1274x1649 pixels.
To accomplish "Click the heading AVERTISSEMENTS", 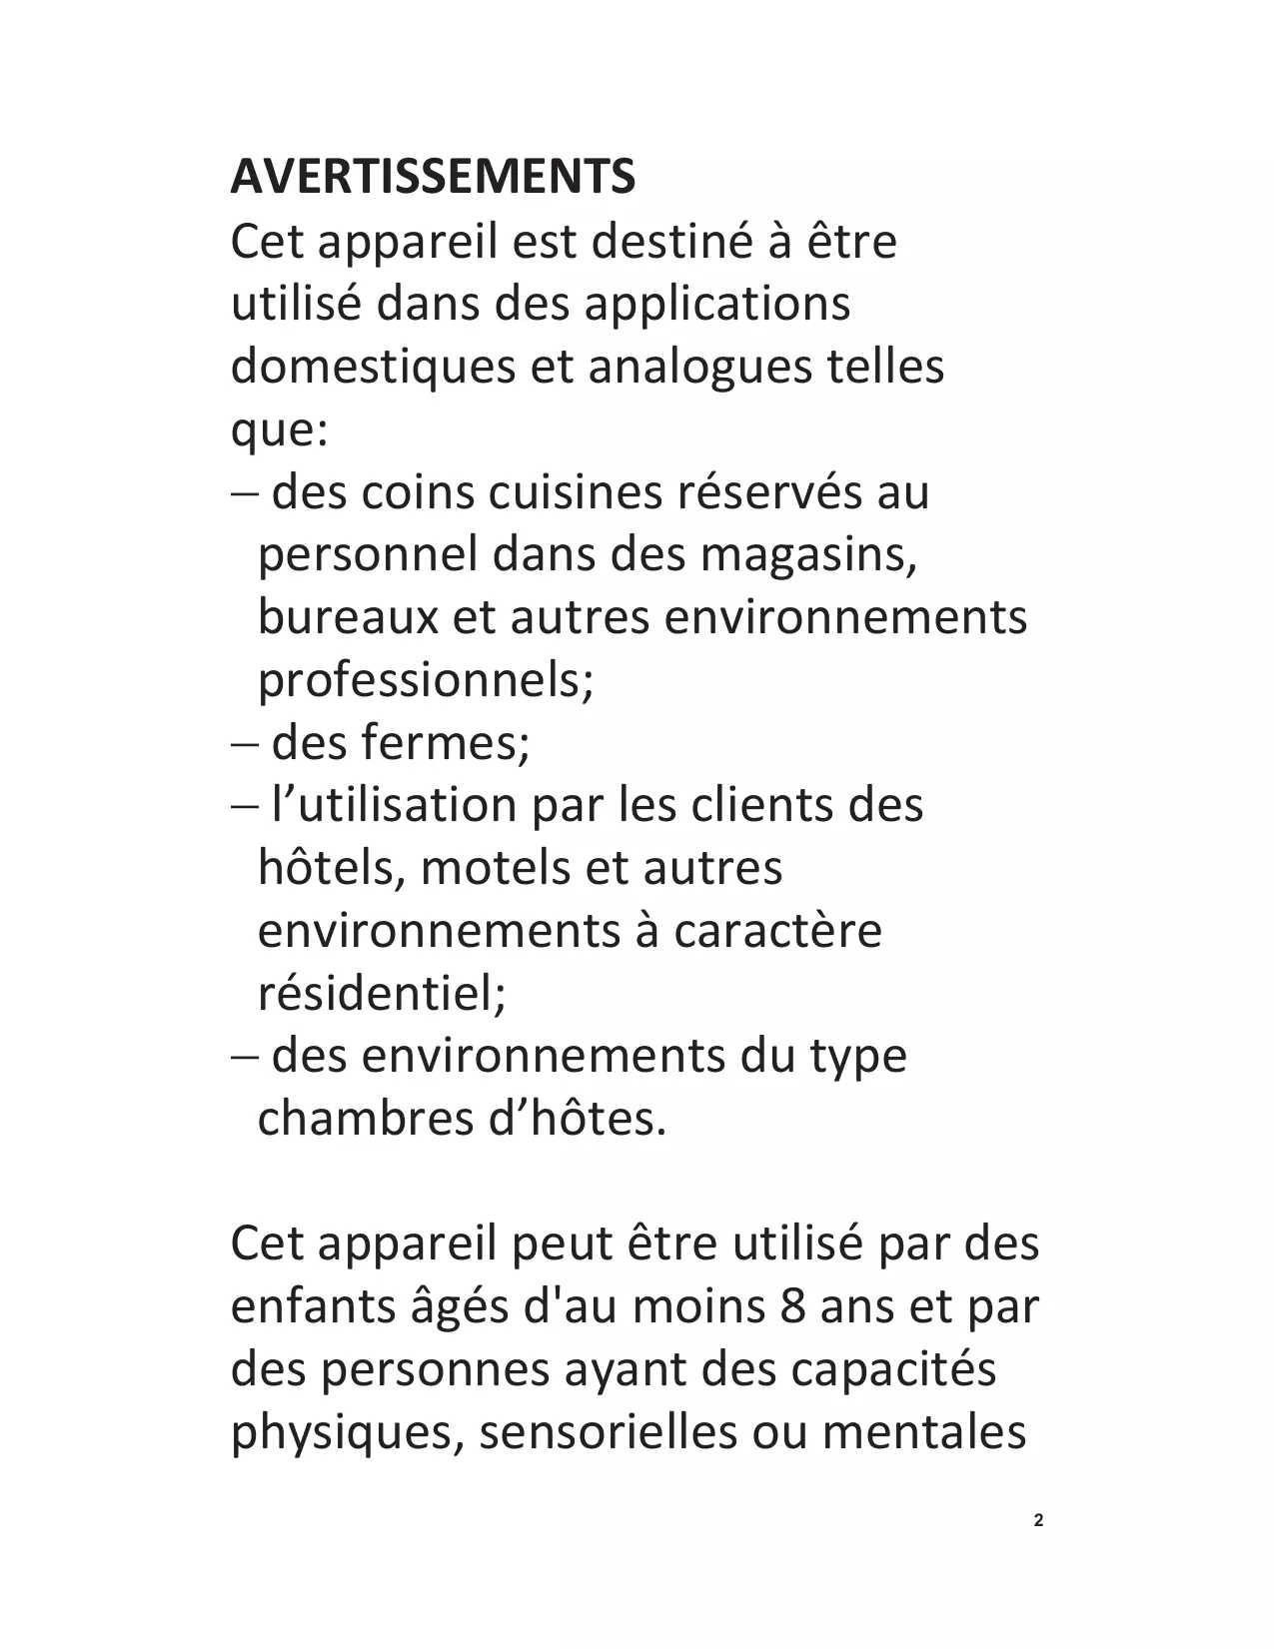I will (x=433, y=177).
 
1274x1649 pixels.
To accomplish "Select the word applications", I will (x=716, y=304).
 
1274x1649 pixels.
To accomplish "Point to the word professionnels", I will (x=425, y=680).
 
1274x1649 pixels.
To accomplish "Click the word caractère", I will (x=777, y=931).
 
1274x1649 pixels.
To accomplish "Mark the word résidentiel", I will (x=382, y=994).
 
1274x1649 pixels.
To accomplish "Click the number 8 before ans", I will (x=793, y=1306).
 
